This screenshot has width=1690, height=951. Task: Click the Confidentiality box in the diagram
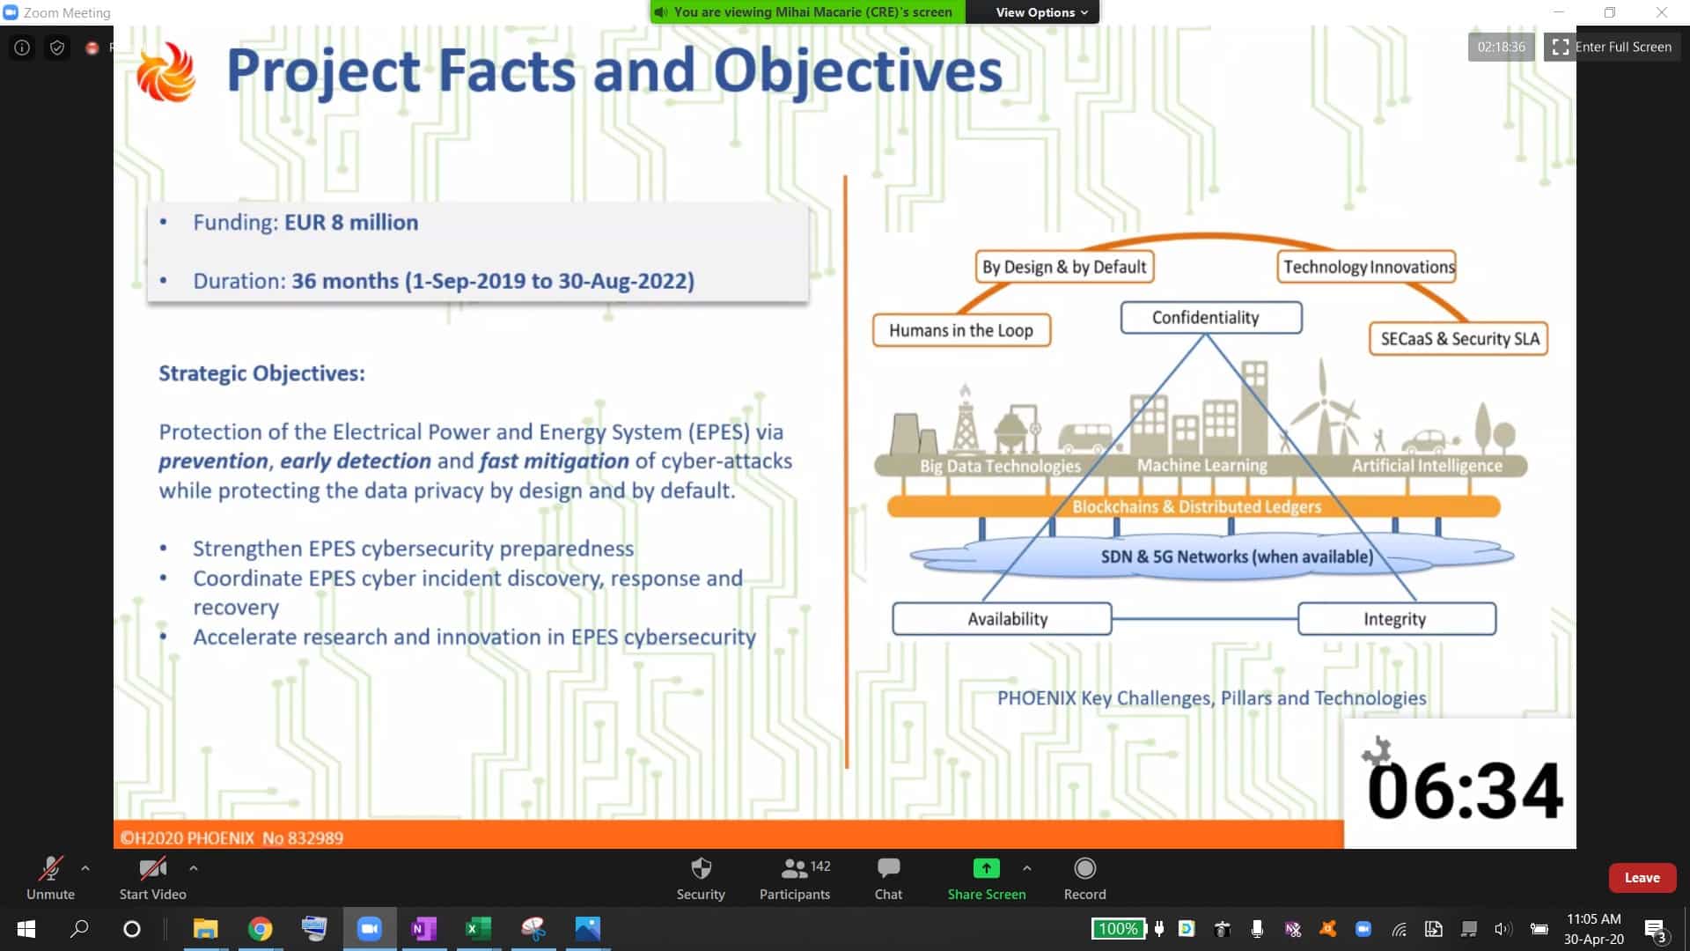[x=1210, y=318]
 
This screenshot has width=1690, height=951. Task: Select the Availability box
[x=1002, y=619]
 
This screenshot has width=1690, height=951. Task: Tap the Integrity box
[x=1397, y=619]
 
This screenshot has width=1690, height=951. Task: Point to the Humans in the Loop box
[x=961, y=330]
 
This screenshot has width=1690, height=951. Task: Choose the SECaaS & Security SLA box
[x=1459, y=339]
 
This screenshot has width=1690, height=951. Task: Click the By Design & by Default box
[x=1064, y=267]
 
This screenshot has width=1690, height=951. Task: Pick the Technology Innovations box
[x=1367, y=267]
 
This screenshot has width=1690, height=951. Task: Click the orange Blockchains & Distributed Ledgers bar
[x=1194, y=506]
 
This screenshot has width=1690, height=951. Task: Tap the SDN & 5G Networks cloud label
[x=1237, y=557]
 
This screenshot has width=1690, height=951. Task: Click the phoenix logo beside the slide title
[x=165, y=72]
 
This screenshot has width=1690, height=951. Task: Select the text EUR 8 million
[x=351, y=222]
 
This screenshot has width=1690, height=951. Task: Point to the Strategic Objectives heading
[x=261, y=373]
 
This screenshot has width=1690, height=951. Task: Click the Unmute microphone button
[x=50, y=879]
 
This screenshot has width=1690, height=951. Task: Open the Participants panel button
[x=795, y=879]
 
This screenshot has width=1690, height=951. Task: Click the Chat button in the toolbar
[x=888, y=879]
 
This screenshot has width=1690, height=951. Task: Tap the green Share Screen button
[x=987, y=879]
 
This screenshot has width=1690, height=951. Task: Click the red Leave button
[x=1642, y=878]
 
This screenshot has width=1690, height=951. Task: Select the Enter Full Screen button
[x=1612, y=47]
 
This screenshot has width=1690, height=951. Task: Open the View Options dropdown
[x=1041, y=12]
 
